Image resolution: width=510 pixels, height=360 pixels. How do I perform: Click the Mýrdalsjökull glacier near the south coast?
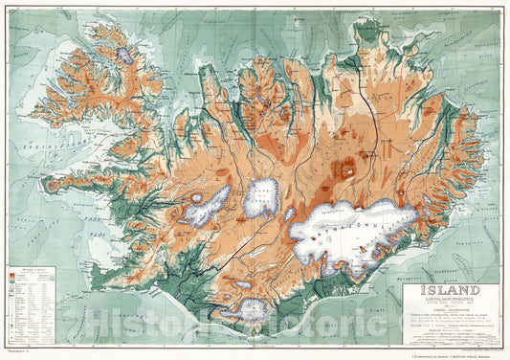[x=252, y=308]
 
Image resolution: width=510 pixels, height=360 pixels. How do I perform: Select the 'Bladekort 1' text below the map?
[x=17, y=352]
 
